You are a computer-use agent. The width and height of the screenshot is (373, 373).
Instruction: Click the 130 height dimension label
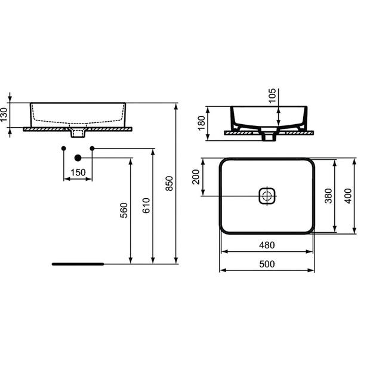4,115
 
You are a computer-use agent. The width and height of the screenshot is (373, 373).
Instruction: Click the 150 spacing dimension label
78,172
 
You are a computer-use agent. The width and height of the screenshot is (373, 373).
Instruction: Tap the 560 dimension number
124,210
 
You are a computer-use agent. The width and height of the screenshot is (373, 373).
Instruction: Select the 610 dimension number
146,205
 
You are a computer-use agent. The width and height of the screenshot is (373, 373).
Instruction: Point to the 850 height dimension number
169,183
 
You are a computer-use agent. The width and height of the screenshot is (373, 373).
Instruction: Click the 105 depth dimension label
272,95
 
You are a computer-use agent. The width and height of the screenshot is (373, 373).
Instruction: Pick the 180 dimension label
201,123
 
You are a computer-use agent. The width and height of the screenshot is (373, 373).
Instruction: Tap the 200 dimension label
196,177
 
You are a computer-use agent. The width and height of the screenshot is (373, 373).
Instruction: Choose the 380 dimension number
328,196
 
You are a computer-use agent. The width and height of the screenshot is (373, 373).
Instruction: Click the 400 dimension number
348,196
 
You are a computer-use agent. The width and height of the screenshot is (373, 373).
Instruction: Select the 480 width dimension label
267,245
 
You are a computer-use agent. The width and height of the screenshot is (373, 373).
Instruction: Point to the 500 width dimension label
267,264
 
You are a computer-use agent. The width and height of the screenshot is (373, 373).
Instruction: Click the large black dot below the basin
78,158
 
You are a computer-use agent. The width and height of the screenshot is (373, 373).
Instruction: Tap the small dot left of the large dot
63,149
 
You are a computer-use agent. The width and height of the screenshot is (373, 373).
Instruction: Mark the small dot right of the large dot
93,149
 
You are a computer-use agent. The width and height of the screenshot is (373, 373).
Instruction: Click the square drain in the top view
267,196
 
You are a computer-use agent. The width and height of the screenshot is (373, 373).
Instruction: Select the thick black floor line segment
78,264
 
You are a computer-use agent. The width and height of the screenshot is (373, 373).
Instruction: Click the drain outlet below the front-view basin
78,133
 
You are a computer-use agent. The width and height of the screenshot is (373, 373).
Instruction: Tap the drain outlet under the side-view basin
269,137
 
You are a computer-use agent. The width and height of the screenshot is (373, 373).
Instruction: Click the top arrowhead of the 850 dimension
176,106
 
